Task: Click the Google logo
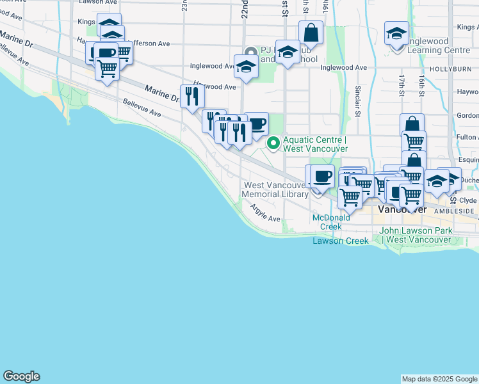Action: click(x=21, y=376)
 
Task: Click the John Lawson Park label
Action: click(x=416, y=235)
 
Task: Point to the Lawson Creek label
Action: click(x=341, y=241)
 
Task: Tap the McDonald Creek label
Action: click(x=332, y=222)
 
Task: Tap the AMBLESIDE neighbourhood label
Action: click(x=455, y=211)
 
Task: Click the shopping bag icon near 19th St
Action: click(x=311, y=33)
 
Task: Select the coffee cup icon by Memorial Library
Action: click(x=322, y=176)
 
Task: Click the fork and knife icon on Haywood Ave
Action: click(x=192, y=97)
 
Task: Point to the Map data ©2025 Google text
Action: click(x=439, y=379)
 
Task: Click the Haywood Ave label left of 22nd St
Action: click(x=215, y=86)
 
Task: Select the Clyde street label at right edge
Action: click(x=469, y=200)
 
